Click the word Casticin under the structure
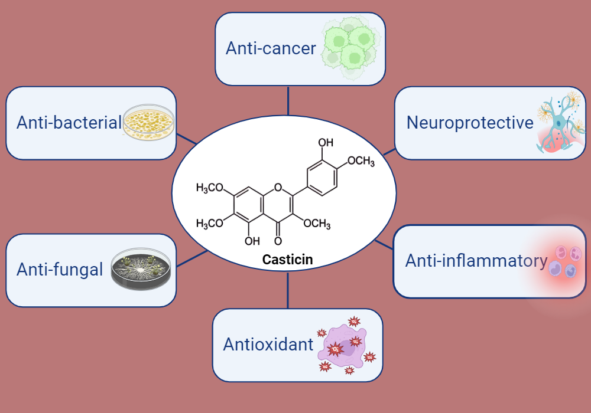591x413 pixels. point(287,259)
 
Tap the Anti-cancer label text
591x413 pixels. point(271,48)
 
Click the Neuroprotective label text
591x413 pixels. point(470,123)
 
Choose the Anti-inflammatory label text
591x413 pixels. point(476,261)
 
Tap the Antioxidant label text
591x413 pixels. point(268,345)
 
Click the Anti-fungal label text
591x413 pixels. point(60,270)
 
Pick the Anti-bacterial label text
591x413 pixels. point(69,123)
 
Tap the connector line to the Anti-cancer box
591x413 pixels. point(288,100)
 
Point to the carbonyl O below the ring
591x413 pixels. point(278,241)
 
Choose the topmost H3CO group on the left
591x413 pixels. point(210,188)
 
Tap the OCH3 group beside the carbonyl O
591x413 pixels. point(316,224)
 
